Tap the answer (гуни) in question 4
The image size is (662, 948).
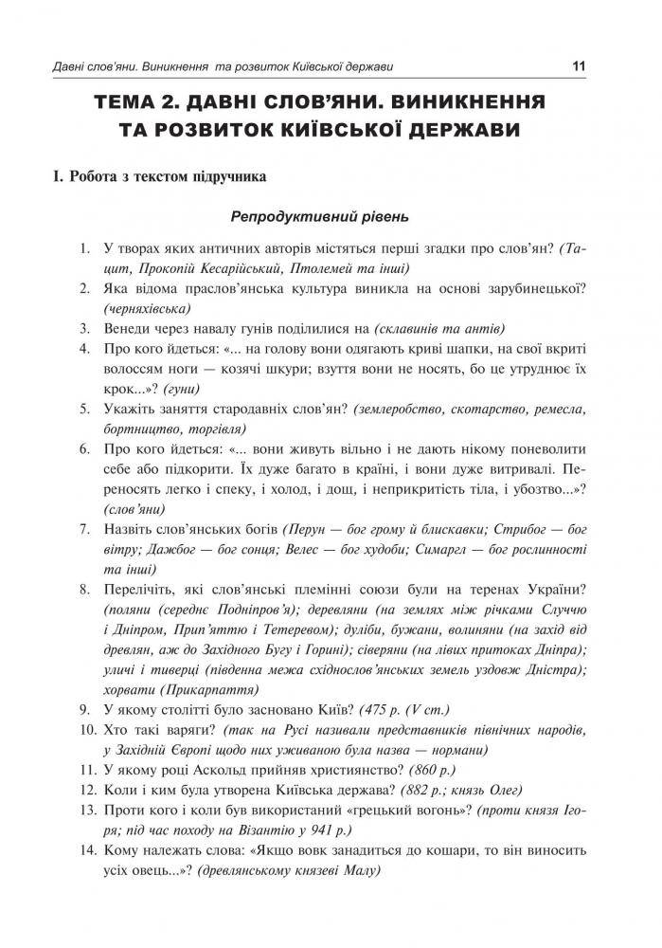[x=183, y=389]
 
